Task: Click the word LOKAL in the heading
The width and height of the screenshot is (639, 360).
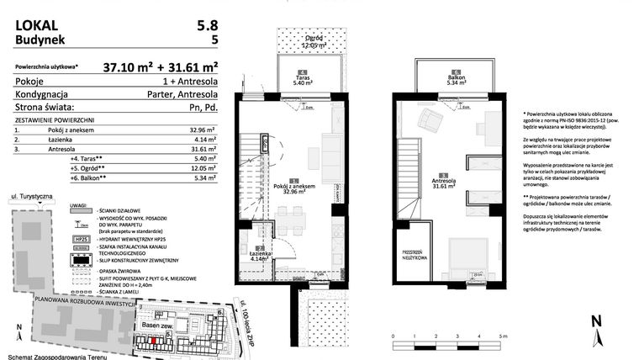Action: (x=34, y=23)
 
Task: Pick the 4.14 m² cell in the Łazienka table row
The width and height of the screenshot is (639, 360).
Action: (x=204, y=140)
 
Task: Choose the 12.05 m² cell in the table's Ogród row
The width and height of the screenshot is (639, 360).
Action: (x=204, y=167)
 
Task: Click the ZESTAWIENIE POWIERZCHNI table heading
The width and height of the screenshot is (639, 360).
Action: (x=55, y=120)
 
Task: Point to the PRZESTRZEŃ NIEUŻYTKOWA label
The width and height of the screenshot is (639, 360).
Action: (x=415, y=255)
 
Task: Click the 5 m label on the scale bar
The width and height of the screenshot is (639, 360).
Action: (x=502, y=335)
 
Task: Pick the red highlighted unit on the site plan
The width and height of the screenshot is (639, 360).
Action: (x=154, y=341)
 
